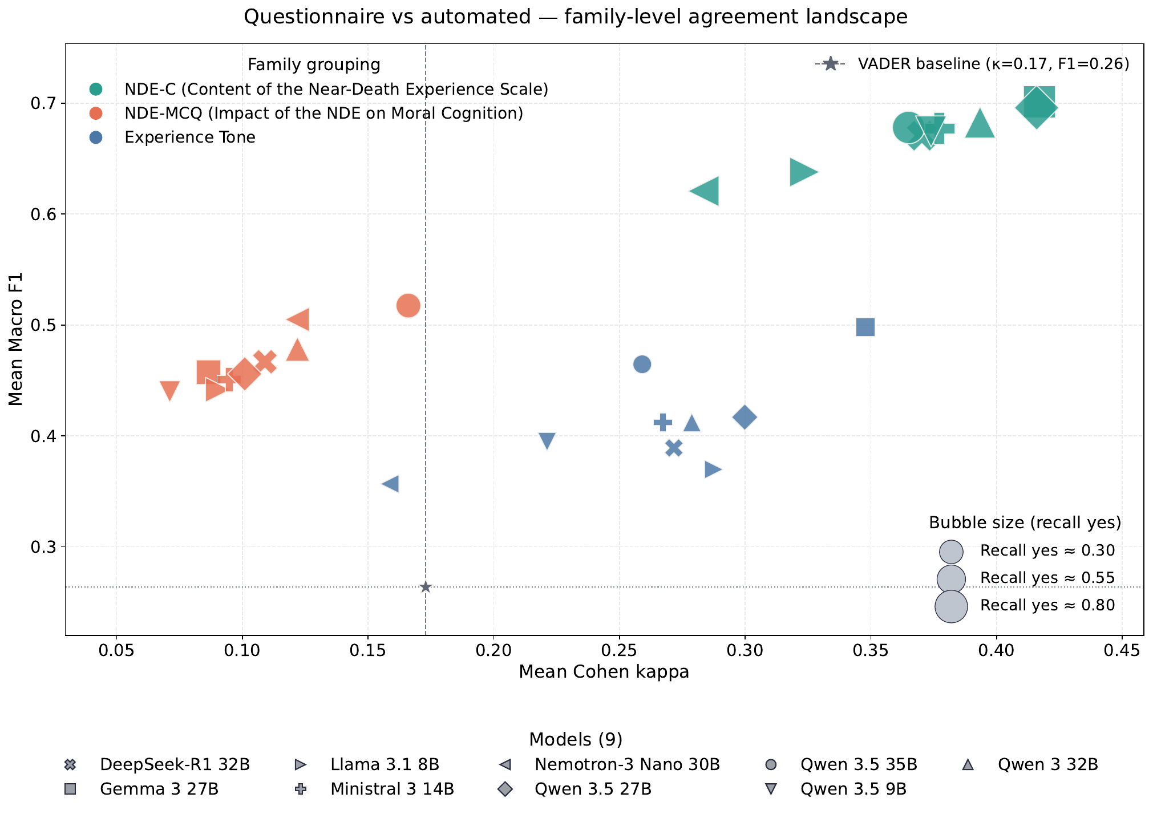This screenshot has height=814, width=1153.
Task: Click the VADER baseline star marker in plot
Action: (x=425, y=587)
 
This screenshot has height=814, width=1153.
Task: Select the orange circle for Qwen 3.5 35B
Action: (x=408, y=306)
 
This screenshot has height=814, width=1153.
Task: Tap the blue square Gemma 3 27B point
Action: (x=865, y=327)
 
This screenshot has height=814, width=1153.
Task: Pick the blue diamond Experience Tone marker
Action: (x=744, y=417)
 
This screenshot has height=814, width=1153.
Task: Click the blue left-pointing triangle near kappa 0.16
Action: (x=391, y=484)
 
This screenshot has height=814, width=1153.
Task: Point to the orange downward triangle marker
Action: (x=169, y=391)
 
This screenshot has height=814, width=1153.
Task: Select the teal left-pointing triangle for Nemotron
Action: (x=706, y=191)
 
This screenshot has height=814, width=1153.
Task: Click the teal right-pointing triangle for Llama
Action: (x=802, y=172)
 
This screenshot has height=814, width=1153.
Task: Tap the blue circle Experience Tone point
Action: (x=642, y=364)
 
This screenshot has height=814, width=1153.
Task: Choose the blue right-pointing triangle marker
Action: (x=712, y=469)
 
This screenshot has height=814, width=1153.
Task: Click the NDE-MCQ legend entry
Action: (x=323, y=113)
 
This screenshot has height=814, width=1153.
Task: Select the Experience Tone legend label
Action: (x=189, y=137)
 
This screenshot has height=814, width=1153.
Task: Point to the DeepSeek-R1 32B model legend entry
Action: (x=174, y=764)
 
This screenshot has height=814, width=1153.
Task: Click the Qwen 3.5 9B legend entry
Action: (x=853, y=789)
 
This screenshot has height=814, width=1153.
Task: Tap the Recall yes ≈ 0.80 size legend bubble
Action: (x=950, y=606)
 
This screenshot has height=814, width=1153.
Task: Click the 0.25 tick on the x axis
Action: (x=619, y=650)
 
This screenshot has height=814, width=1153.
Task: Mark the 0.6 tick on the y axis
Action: (x=43, y=214)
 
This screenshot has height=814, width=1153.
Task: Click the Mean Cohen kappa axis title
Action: (x=604, y=672)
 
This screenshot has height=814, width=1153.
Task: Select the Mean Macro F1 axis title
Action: (x=16, y=339)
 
